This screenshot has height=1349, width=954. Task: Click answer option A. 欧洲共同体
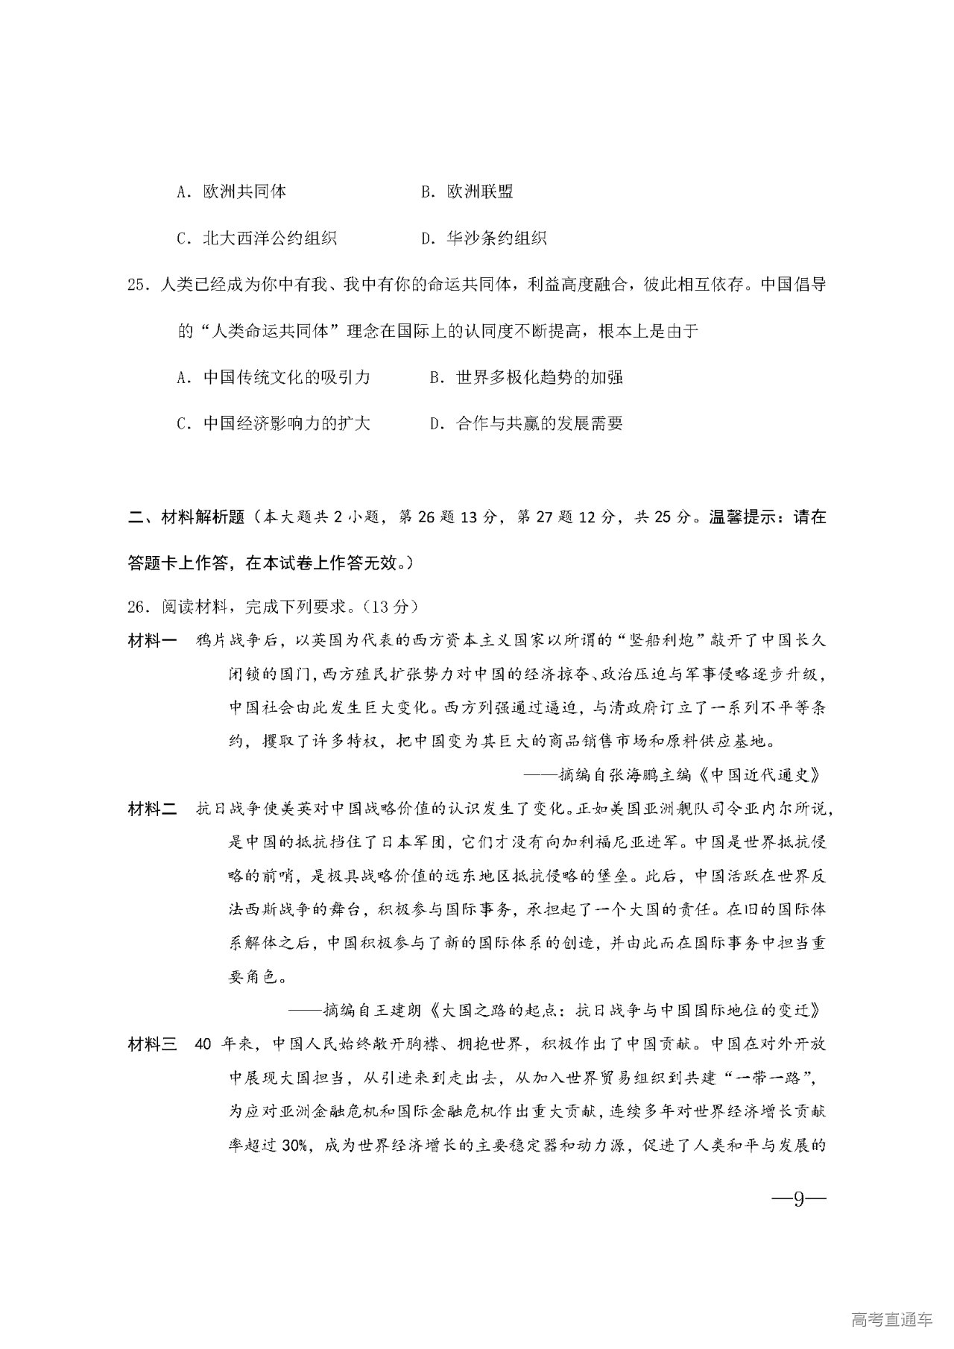[x=232, y=192]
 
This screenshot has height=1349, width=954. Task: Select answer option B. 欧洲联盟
[x=467, y=192]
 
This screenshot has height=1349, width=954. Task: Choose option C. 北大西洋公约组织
[x=256, y=238]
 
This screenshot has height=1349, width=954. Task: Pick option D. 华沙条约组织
[x=484, y=238]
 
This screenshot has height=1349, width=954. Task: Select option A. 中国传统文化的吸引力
[x=274, y=377]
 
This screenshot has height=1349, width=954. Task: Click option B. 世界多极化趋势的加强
[x=526, y=377]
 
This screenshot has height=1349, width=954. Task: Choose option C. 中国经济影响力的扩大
[x=274, y=424]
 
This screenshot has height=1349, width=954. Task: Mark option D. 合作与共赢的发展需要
[x=526, y=424]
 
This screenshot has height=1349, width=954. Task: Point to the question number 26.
[x=139, y=607]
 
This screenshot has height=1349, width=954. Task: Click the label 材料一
[x=152, y=641]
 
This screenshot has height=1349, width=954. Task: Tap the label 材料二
[x=152, y=809]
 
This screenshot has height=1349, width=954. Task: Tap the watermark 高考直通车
[x=891, y=1319]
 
